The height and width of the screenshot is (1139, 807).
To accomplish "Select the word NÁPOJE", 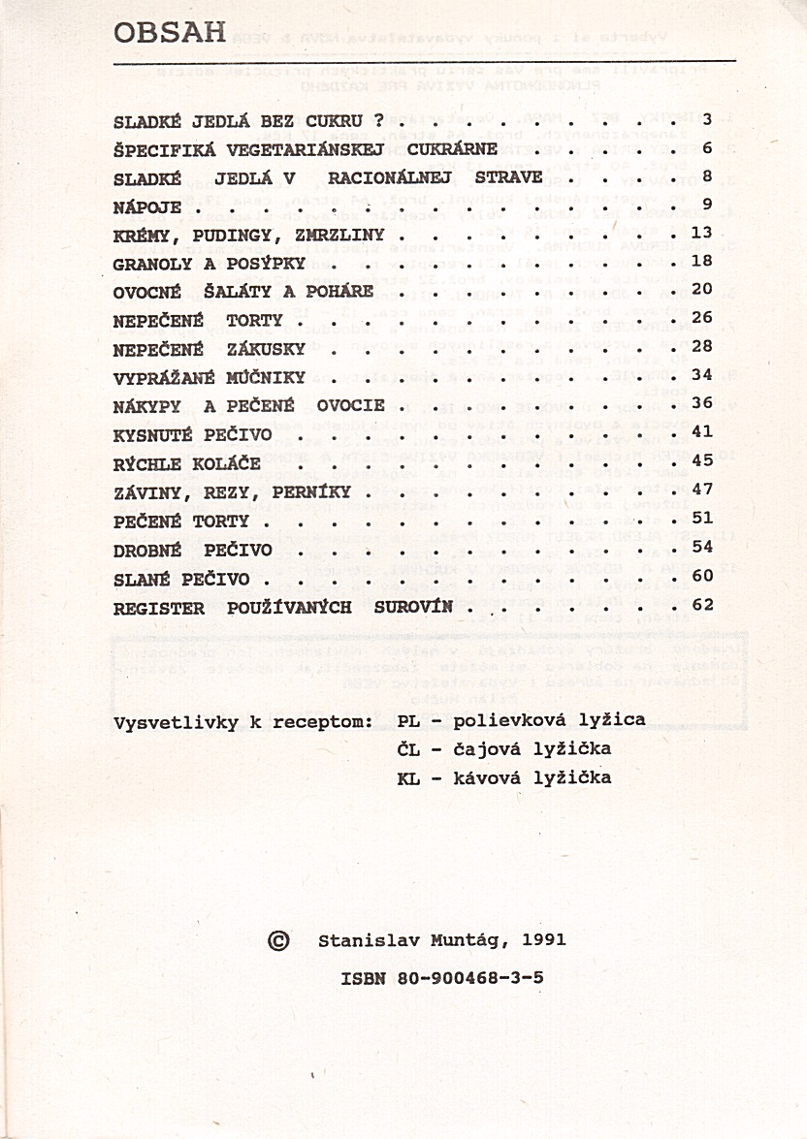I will click(147, 206).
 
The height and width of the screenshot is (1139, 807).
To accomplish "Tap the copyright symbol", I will click(277, 940).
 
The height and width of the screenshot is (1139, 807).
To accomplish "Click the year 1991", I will click(543, 940).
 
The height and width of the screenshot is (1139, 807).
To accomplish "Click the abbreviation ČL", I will click(408, 749).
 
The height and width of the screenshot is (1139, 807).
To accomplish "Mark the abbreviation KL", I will click(408, 777).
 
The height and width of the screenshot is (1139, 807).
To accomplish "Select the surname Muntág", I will click(468, 940).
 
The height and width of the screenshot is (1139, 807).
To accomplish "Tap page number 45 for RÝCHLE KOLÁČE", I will click(702, 460).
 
